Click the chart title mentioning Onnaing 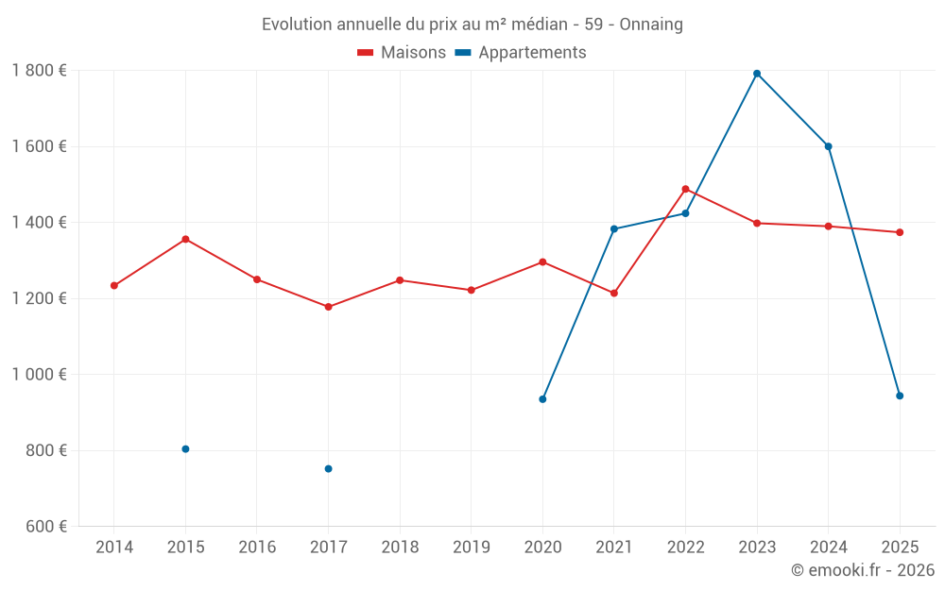point(472,25)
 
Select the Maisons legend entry point(402,53)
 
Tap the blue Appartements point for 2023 point(757,74)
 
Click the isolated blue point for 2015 point(185,449)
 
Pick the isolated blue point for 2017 point(328,469)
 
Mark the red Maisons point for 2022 point(685,189)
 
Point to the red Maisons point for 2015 point(185,239)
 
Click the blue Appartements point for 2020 point(542,399)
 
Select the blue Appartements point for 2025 point(900,396)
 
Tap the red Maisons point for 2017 point(328,307)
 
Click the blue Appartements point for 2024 point(829,146)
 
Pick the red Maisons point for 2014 point(114,285)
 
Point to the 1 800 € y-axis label point(39,71)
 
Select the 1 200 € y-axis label point(39,298)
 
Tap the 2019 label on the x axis point(472,548)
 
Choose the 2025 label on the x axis point(900,548)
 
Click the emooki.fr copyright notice point(862,570)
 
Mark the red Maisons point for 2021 point(614,293)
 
